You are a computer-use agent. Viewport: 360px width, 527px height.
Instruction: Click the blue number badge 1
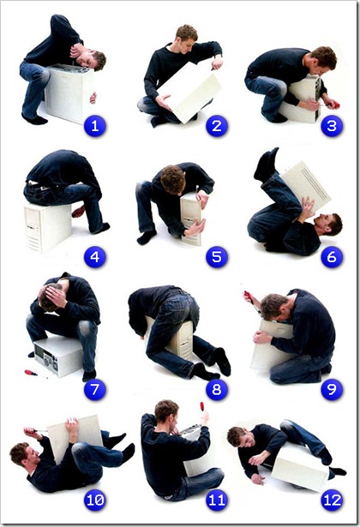coord(95,126)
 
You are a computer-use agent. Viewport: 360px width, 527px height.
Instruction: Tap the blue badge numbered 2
coord(217,126)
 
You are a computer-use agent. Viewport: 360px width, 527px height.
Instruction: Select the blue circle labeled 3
coord(332,126)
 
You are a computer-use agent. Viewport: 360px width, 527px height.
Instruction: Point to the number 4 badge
coord(95,257)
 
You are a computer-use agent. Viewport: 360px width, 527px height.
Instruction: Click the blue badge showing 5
coord(217,257)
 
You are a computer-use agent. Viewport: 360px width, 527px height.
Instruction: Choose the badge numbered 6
coord(332,257)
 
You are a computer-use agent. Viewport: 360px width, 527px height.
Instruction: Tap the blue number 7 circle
coord(95,390)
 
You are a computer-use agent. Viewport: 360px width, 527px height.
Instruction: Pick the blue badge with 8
coord(217,390)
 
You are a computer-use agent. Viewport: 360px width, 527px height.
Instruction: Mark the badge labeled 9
coord(332,390)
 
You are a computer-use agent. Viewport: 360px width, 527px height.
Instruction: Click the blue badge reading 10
coord(95,500)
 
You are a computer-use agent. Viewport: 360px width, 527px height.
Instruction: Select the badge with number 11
coord(217,500)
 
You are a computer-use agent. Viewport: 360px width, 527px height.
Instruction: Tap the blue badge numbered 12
coord(332,500)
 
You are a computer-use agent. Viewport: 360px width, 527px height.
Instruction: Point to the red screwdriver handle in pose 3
coord(334,105)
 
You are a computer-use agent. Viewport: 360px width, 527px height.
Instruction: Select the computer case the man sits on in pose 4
coord(47,228)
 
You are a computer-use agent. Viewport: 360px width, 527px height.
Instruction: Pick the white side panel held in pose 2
coord(189,92)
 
